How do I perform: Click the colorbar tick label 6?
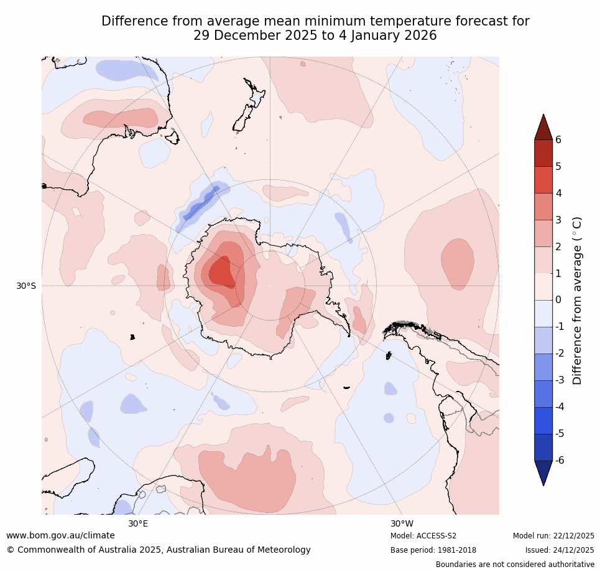(x=558, y=139)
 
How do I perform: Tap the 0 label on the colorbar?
(x=558, y=300)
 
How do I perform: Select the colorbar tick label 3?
(x=558, y=220)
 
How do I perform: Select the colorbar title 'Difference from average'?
(x=577, y=300)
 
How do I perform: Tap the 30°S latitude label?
(x=26, y=286)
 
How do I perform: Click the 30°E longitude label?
(x=138, y=523)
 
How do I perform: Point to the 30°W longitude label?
(x=402, y=523)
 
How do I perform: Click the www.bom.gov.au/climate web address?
(x=60, y=535)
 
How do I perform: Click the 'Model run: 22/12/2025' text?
(x=553, y=536)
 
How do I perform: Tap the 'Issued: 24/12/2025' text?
(x=560, y=550)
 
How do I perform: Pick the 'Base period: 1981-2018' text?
(x=433, y=550)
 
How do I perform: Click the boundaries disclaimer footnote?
(x=515, y=565)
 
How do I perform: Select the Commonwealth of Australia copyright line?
(x=159, y=550)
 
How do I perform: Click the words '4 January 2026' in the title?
(x=386, y=35)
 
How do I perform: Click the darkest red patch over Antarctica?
(x=221, y=273)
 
